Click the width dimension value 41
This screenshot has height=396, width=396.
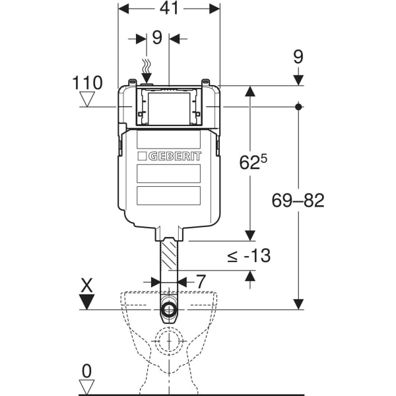click(168, 10)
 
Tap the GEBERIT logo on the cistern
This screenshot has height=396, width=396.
click(170, 156)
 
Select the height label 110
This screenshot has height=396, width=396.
click(88, 83)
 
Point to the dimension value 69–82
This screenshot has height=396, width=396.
click(298, 201)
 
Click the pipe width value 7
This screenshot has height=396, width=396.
click(201, 281)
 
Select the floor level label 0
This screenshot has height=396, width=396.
click(87, 370)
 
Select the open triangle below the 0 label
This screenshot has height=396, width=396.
click(87, 386)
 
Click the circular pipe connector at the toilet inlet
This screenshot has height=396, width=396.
click(169, 310)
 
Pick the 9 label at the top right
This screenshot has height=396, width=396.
click(298, 57)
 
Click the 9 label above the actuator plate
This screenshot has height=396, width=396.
click(157, 38)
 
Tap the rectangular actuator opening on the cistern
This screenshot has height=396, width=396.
click(170, 106)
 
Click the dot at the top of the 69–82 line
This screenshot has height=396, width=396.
click(298, 106)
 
